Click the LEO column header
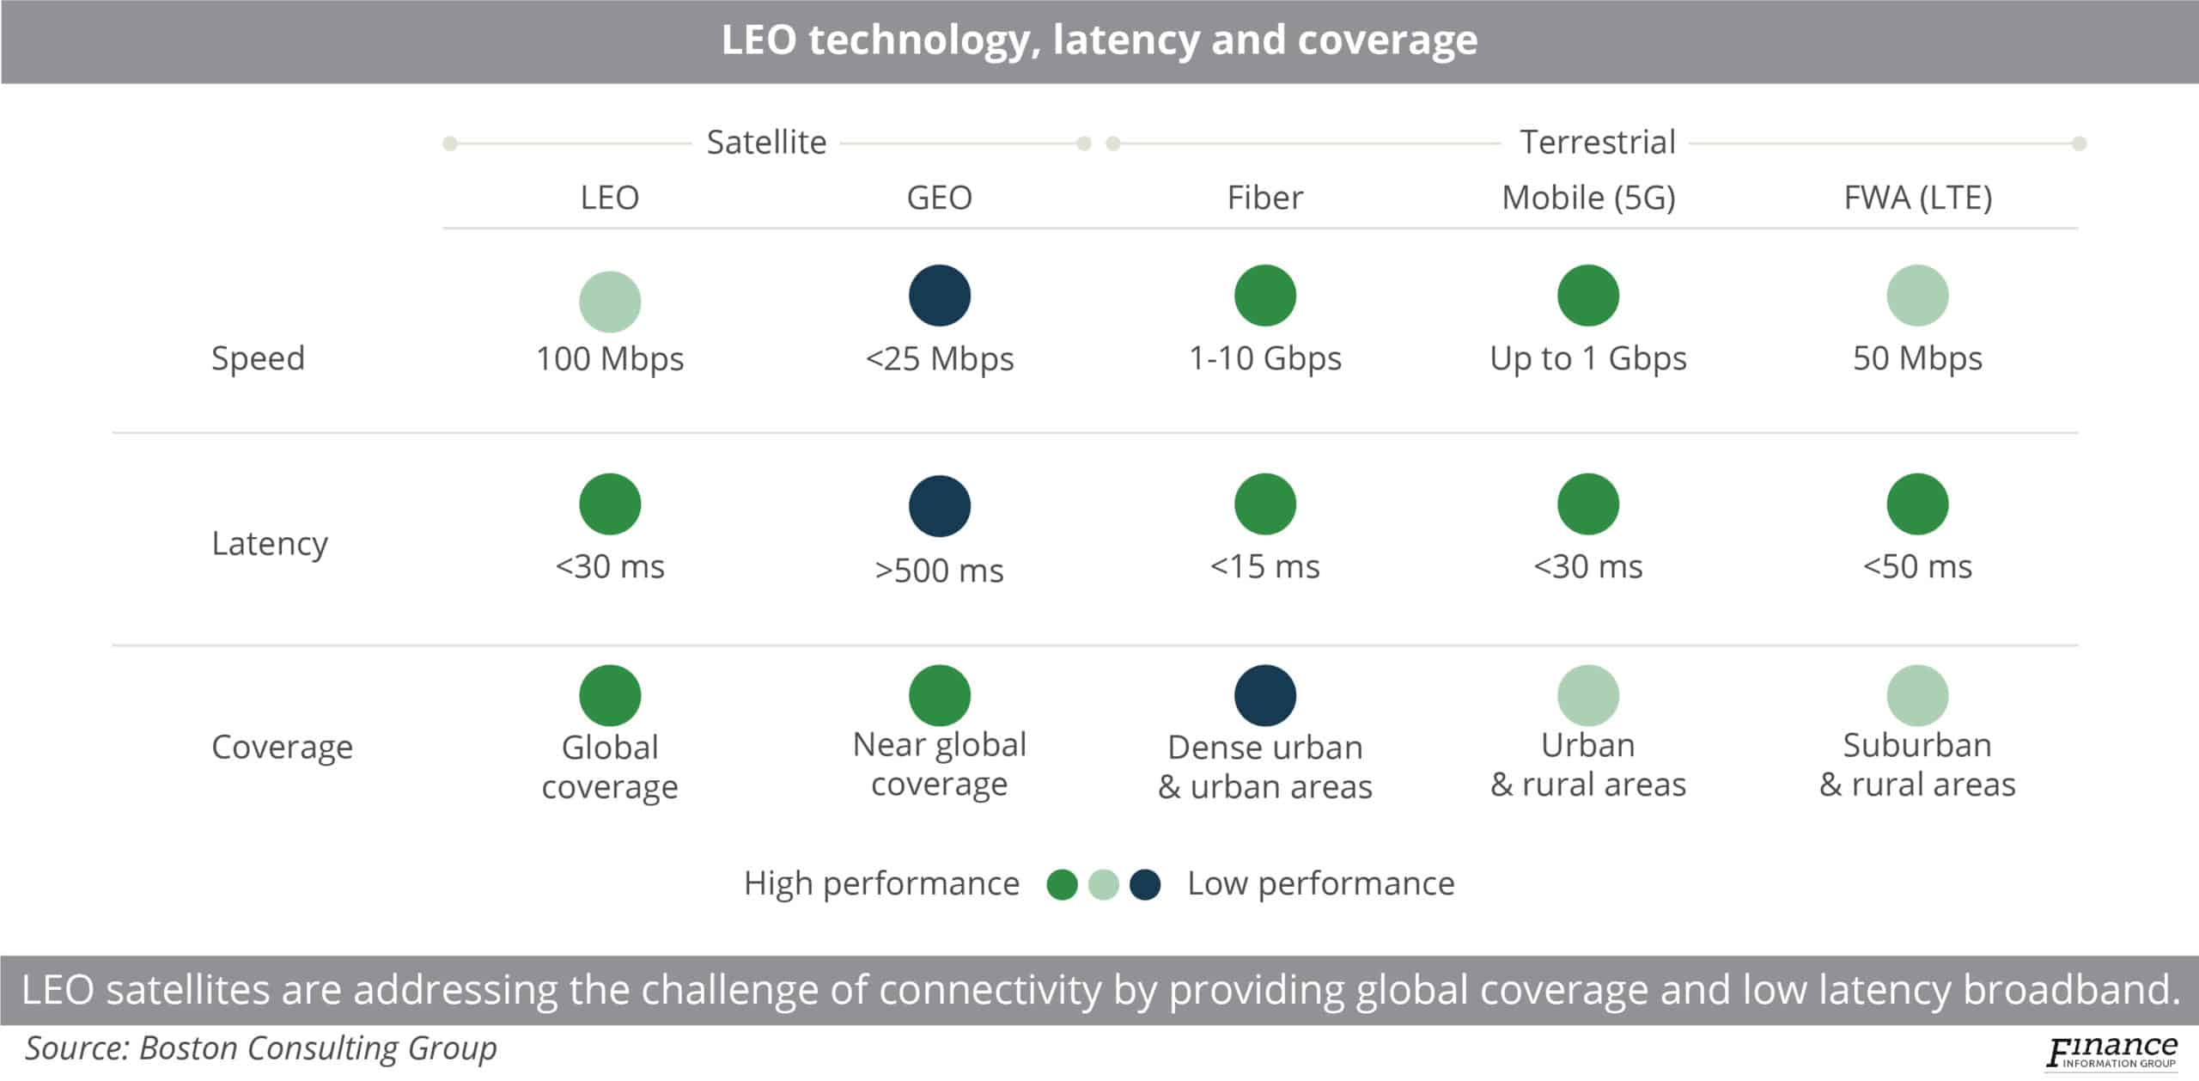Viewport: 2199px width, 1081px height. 609,198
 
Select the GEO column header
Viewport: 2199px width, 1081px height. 939,198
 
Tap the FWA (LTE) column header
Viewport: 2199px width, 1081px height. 1917,198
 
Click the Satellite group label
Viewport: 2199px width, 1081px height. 766,142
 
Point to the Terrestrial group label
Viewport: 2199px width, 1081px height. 1597,142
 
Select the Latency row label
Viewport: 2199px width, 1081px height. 270,544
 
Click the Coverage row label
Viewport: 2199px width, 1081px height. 282,747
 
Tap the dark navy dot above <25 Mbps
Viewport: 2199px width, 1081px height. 939,296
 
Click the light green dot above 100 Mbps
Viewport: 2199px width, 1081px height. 609,302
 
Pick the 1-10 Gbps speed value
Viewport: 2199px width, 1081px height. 1264,358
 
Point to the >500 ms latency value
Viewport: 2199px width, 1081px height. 939,571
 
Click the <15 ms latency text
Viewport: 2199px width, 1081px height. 1264,566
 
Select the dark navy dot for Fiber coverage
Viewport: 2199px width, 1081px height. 1264,695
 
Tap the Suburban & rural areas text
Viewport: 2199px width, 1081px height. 1917,765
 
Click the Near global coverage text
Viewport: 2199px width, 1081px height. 939,765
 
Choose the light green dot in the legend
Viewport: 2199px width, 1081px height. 1103,884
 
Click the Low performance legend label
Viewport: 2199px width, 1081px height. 1320,883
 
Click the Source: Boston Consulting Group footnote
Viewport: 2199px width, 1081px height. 260,1048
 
